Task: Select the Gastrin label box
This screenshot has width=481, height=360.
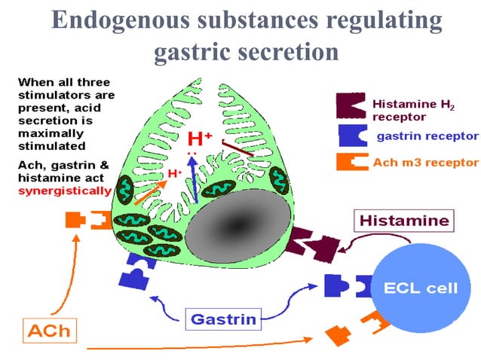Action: pos(222,319)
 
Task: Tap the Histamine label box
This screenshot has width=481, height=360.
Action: pos(404,221)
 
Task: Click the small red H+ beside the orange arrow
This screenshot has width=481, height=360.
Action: pos(175,174)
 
